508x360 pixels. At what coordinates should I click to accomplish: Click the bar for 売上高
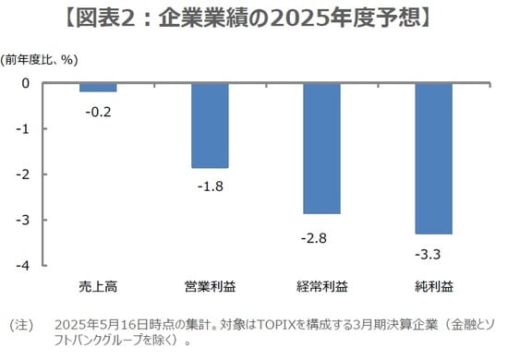pos(97,88)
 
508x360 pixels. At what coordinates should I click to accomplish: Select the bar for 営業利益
pos(210,126)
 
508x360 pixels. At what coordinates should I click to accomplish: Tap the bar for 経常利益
pos(321,148)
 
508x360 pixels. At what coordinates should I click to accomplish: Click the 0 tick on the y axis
pos(26,83)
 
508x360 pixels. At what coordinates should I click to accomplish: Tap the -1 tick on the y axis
pos(24,129)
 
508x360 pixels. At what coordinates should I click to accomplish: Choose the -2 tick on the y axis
pos(24,174)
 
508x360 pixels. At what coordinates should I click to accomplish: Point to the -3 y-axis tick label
pos(24,220)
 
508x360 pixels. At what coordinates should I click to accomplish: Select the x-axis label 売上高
pos(98,282)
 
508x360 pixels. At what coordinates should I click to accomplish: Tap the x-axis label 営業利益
pos(210,282)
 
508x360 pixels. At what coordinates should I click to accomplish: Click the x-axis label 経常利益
pos(321,282)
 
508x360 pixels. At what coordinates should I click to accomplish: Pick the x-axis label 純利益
pos(433,282)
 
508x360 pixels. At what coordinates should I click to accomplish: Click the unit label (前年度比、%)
pos(42,61)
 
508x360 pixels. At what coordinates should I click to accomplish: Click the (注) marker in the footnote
pos(20,324)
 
